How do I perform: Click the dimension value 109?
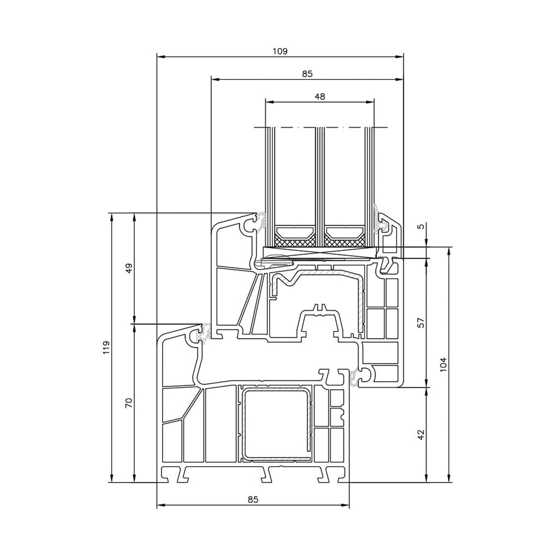[280, 51]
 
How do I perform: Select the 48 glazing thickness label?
[320, 97]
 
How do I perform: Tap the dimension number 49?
[129, 268]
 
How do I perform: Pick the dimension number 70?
[129, 403]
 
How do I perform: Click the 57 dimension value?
[421, 322]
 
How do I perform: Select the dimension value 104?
[443, 365]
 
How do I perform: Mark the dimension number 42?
[421, 435]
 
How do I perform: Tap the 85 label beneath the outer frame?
[253, 499]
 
